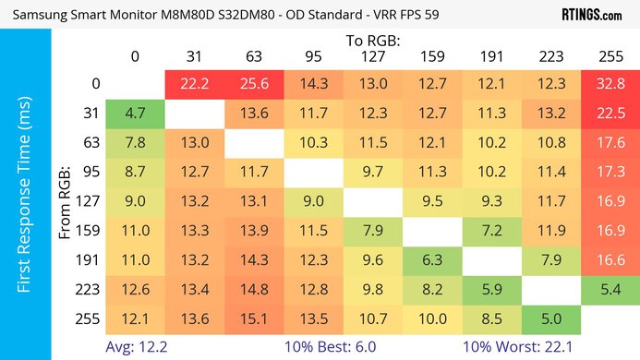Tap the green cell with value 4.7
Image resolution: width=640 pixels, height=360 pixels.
point(135,114)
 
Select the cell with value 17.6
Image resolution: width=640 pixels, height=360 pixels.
point(610,144)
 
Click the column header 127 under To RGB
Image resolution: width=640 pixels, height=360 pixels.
point(372,56)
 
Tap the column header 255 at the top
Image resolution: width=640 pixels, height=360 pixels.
point(610,56)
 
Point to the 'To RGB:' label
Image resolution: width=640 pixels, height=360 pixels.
point(372,41)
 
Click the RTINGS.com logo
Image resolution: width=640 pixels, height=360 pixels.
point(591,15)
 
